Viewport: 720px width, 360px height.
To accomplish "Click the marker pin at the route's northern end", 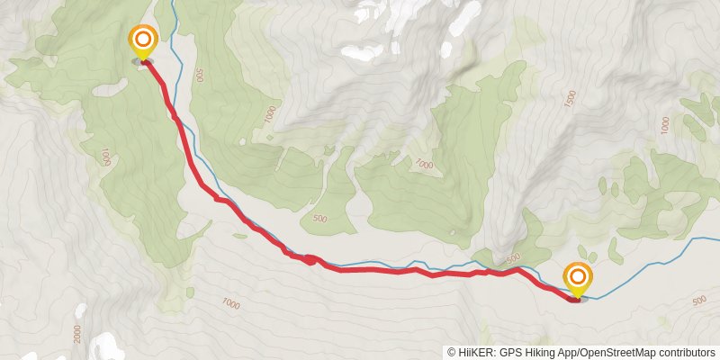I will pos(142,41).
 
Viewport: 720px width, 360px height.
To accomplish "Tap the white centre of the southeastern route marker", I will pos(577,277).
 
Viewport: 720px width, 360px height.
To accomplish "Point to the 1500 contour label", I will pos(569,99).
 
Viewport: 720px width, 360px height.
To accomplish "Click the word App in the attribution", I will pos(574,353).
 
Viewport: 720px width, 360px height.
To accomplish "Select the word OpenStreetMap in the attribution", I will pos(626,353).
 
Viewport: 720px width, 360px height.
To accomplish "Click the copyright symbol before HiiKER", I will pos(453,353).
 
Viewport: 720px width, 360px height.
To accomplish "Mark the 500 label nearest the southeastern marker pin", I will pos(514,259).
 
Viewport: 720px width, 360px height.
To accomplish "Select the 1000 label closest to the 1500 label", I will pos(423,165).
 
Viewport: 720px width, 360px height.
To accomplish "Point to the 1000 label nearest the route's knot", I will pos(230,304).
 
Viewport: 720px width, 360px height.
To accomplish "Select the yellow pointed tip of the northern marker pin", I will pos(142,60).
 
